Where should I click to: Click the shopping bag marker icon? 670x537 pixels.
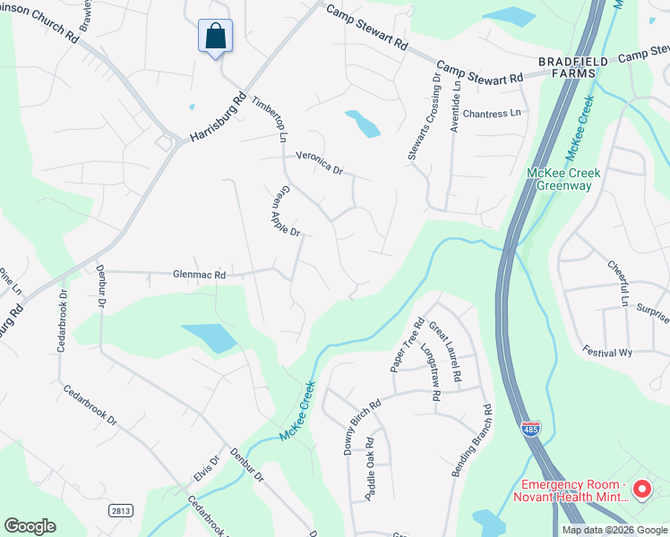[215, 37]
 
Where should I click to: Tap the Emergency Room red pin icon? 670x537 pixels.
[641, 489]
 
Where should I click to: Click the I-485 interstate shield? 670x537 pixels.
[530, 430]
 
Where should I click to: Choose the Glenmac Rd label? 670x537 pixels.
[199, 275]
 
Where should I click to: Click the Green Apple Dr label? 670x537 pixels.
[284, 211]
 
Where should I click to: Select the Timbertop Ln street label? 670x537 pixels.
[269, 119]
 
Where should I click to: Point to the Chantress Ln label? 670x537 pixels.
[491, 114]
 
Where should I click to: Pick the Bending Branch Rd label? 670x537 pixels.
[472, 440]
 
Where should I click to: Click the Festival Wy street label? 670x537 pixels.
[607, 352]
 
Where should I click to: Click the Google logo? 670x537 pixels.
[30, 526]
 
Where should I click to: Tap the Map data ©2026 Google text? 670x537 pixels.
[614, 530]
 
